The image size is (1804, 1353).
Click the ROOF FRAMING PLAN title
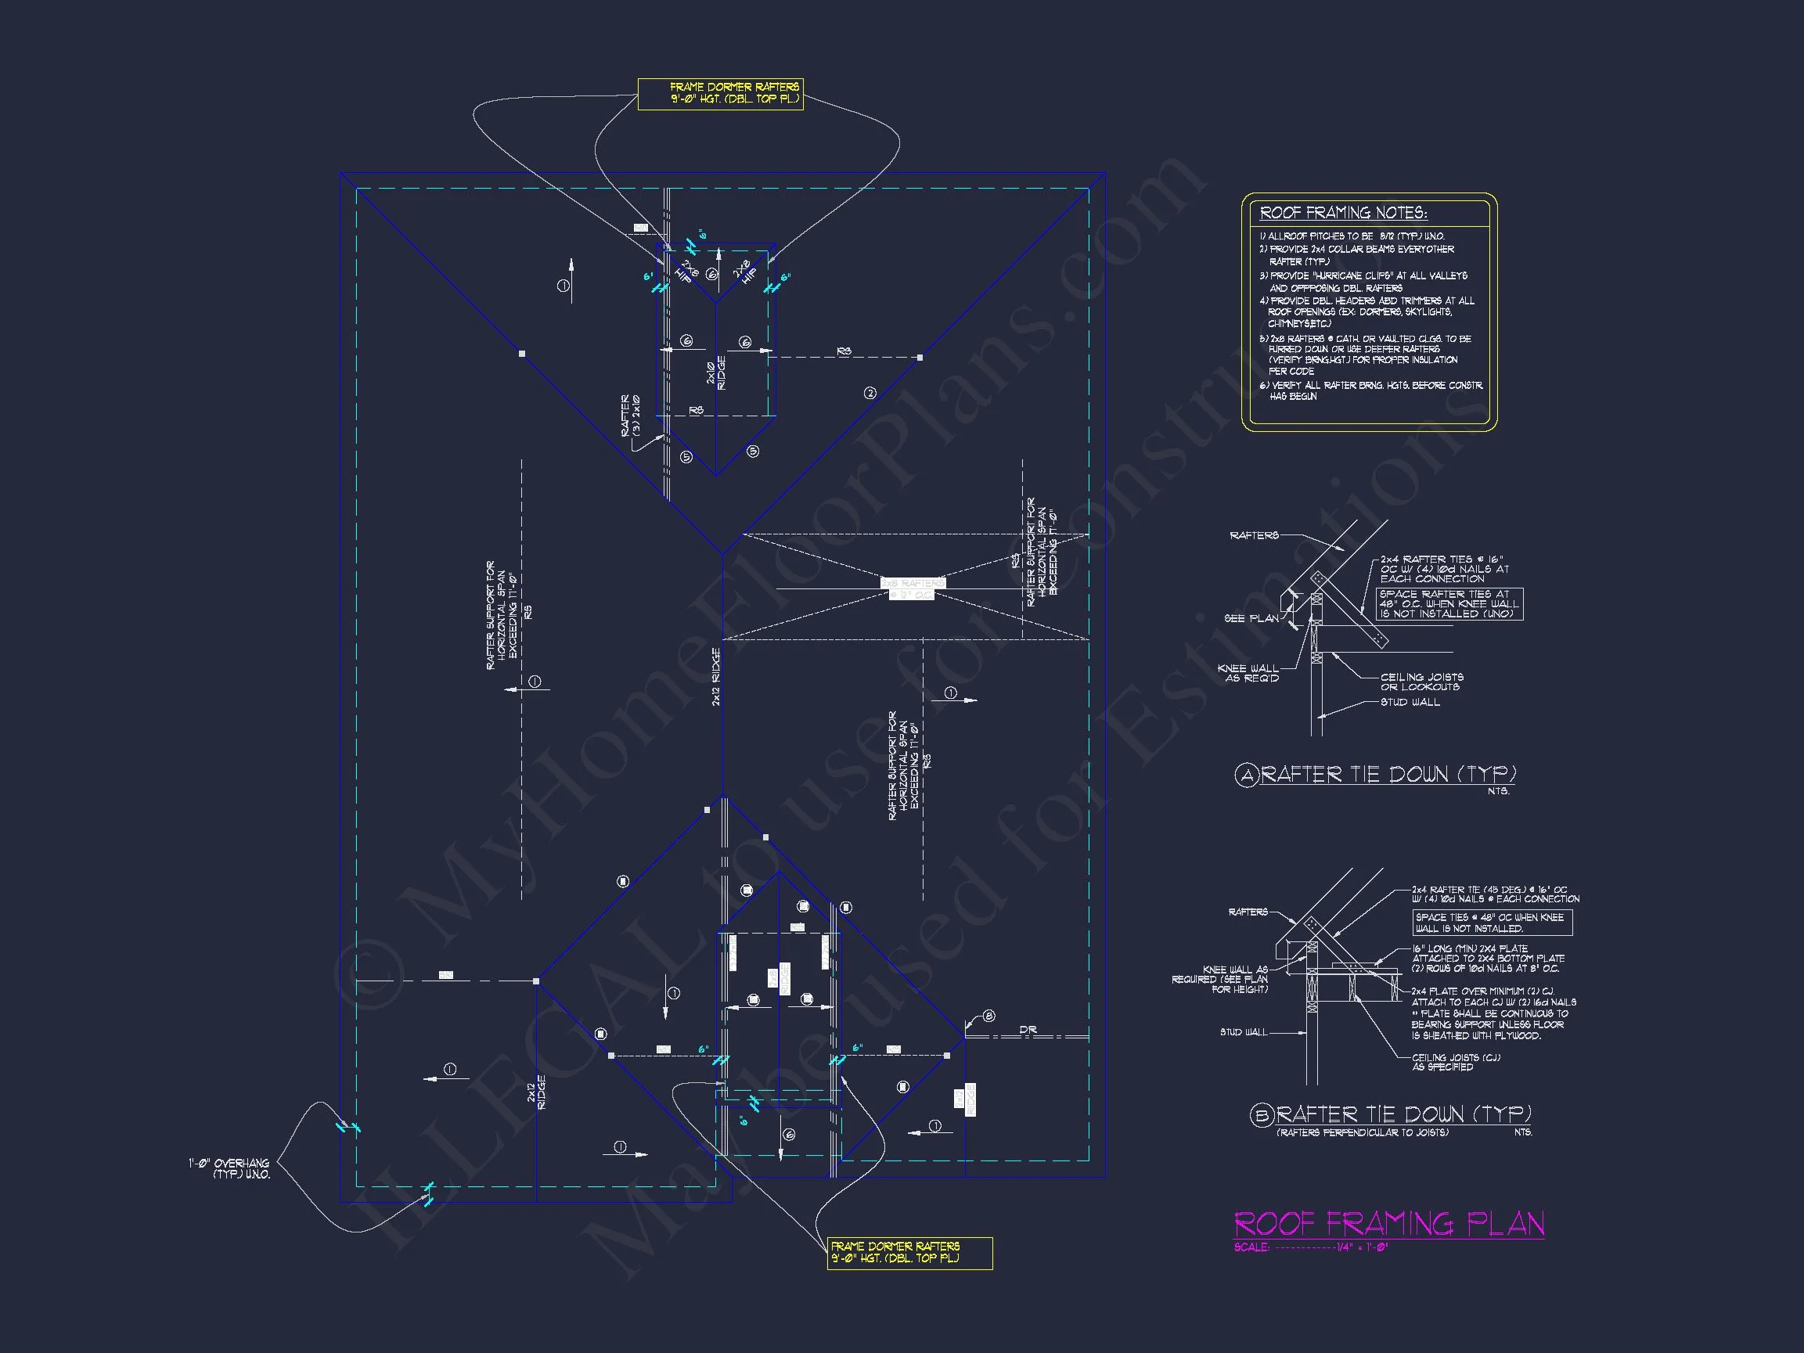click(1388, 1223)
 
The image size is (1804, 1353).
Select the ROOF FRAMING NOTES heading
click(1343, 213)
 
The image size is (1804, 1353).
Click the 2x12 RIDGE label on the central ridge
click(717, 676)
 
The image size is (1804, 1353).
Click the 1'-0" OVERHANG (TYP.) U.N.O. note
click(229, 1168)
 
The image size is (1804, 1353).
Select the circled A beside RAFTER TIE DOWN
click(1246, 775)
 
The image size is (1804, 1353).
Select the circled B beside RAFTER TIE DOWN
click(1261, 1115)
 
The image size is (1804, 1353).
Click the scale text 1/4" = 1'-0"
click(1362, 1247)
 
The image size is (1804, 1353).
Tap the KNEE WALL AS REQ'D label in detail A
click(1248, 673)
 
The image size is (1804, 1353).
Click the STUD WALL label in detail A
click(1410, 702)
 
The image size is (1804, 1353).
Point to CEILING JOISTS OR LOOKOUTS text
click(1421, 682)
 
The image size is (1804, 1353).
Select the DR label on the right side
click(1028, 1030)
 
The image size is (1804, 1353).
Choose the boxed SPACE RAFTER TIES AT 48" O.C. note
click(1449, 604)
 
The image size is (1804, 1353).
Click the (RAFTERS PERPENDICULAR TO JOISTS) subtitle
click(1362, 1133)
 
